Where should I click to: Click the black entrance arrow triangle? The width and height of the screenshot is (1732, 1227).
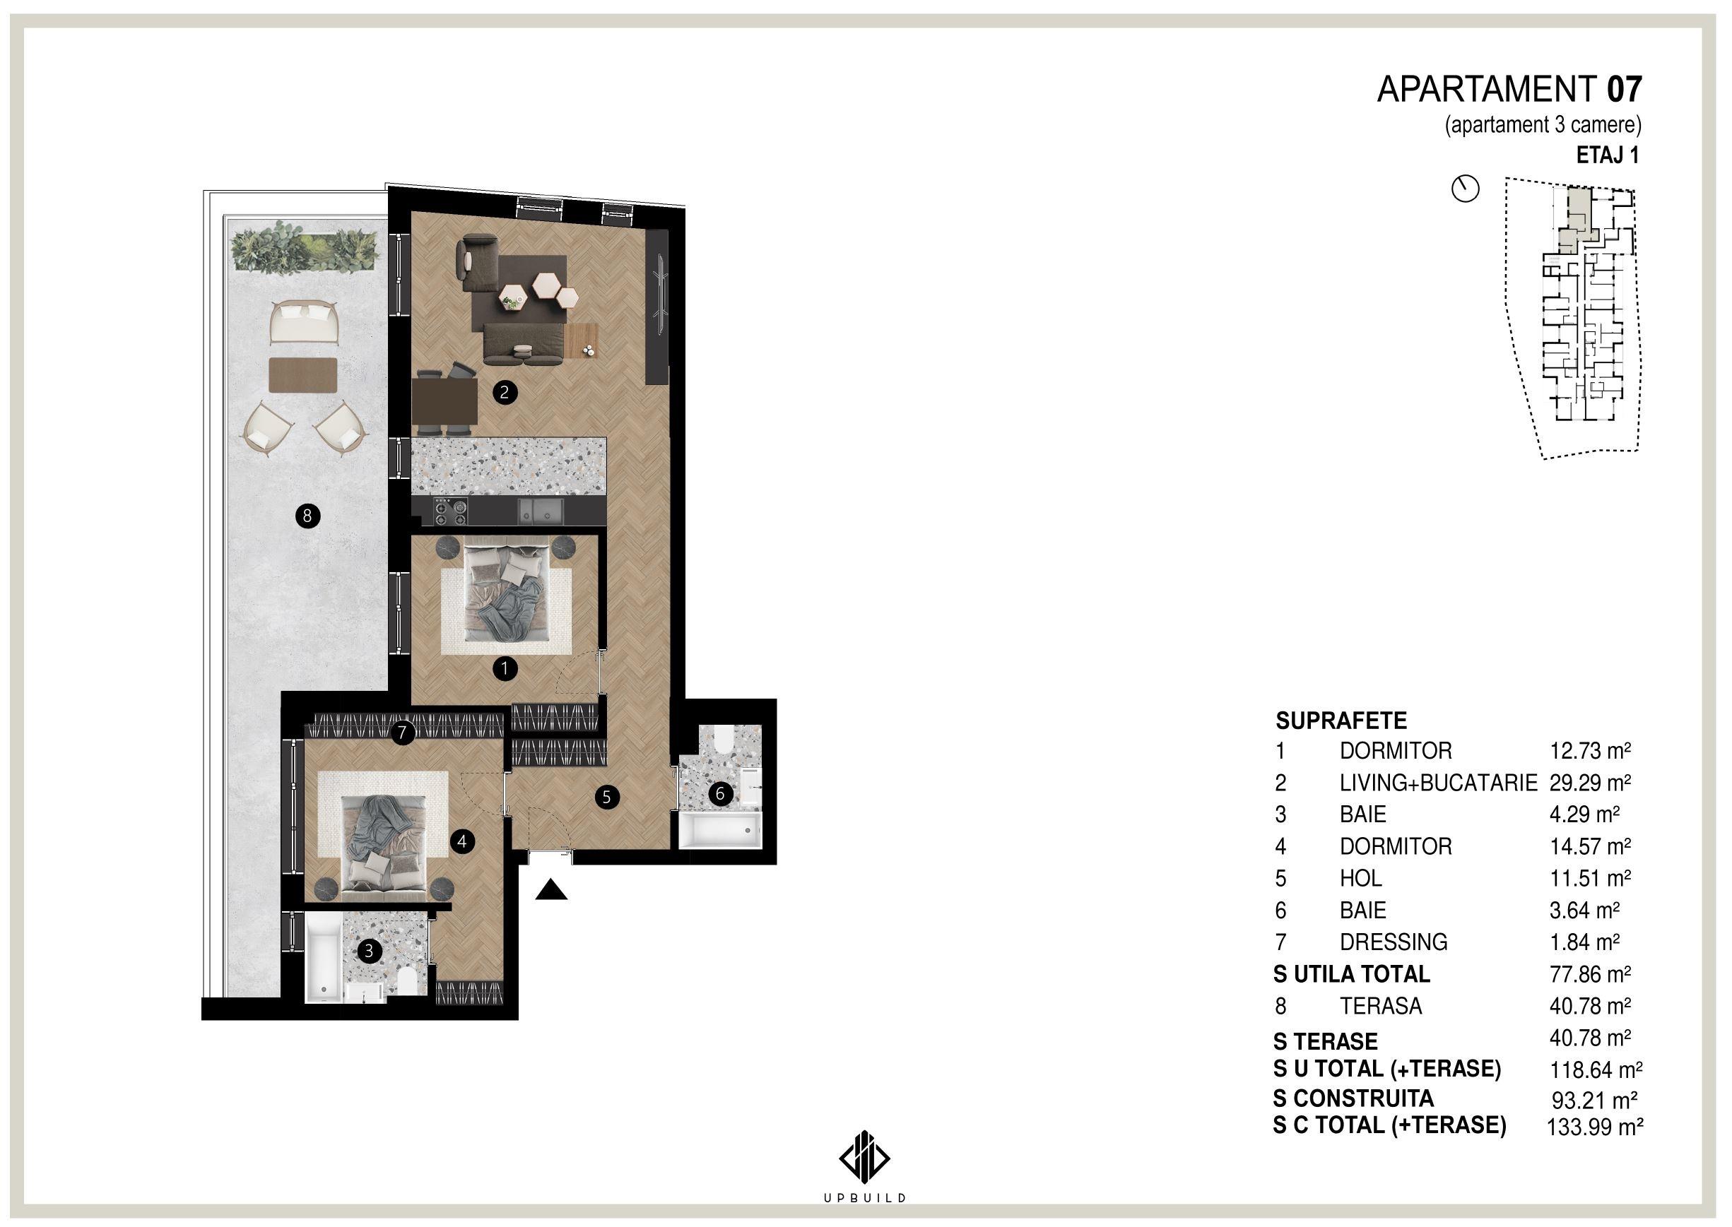point(552,891)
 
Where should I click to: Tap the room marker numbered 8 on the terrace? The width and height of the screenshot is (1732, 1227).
point(307,517)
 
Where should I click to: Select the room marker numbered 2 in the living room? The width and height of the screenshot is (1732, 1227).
point(505,392)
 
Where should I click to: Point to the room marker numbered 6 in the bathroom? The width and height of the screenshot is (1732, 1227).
point(720,793)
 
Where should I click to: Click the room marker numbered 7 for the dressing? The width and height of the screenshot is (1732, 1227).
point(403,732)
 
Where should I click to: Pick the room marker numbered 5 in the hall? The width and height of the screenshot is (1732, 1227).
point(606,796)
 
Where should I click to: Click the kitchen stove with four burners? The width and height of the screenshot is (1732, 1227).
point(451,512)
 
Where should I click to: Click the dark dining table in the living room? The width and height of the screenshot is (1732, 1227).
point(444,402)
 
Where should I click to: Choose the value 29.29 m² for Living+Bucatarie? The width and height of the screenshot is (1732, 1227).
point(1589,783)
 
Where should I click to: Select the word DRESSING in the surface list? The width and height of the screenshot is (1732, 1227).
point(1394,942)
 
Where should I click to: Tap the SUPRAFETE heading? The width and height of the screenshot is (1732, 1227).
point(1341,720)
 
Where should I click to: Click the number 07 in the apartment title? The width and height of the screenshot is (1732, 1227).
point(1624,89)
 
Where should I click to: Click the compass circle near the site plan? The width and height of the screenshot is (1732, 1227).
point(1466,189)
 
